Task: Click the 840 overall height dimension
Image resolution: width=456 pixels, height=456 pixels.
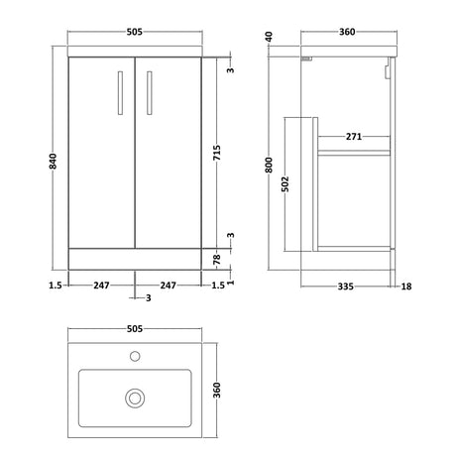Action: (53, 162)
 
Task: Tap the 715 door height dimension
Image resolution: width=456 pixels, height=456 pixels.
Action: (217, 153)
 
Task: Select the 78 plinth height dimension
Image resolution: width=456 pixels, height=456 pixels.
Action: (217, 259)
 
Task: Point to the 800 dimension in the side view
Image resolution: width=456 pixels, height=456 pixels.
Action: (269, 165)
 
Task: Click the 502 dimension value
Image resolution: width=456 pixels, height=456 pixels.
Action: (285, 184)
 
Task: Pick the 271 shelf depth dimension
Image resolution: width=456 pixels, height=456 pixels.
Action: (354, 136)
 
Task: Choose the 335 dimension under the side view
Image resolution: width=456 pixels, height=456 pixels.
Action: (346, 286)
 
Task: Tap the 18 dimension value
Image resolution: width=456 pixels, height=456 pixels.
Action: (406, 286)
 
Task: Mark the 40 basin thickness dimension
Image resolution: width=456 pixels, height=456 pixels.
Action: (269, 37)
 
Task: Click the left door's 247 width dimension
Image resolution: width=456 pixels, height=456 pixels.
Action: (101, 285)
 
